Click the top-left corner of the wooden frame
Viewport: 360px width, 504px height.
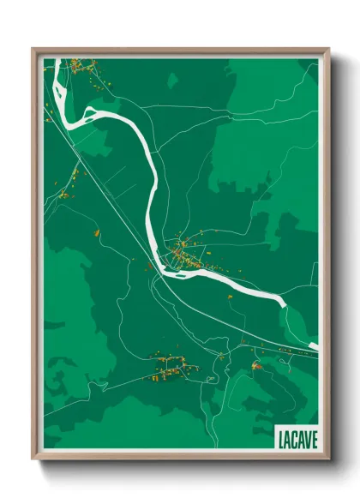pos(33,49)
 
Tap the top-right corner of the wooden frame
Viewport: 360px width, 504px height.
pos(328,49)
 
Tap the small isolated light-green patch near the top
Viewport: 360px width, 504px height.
pos(172,81)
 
